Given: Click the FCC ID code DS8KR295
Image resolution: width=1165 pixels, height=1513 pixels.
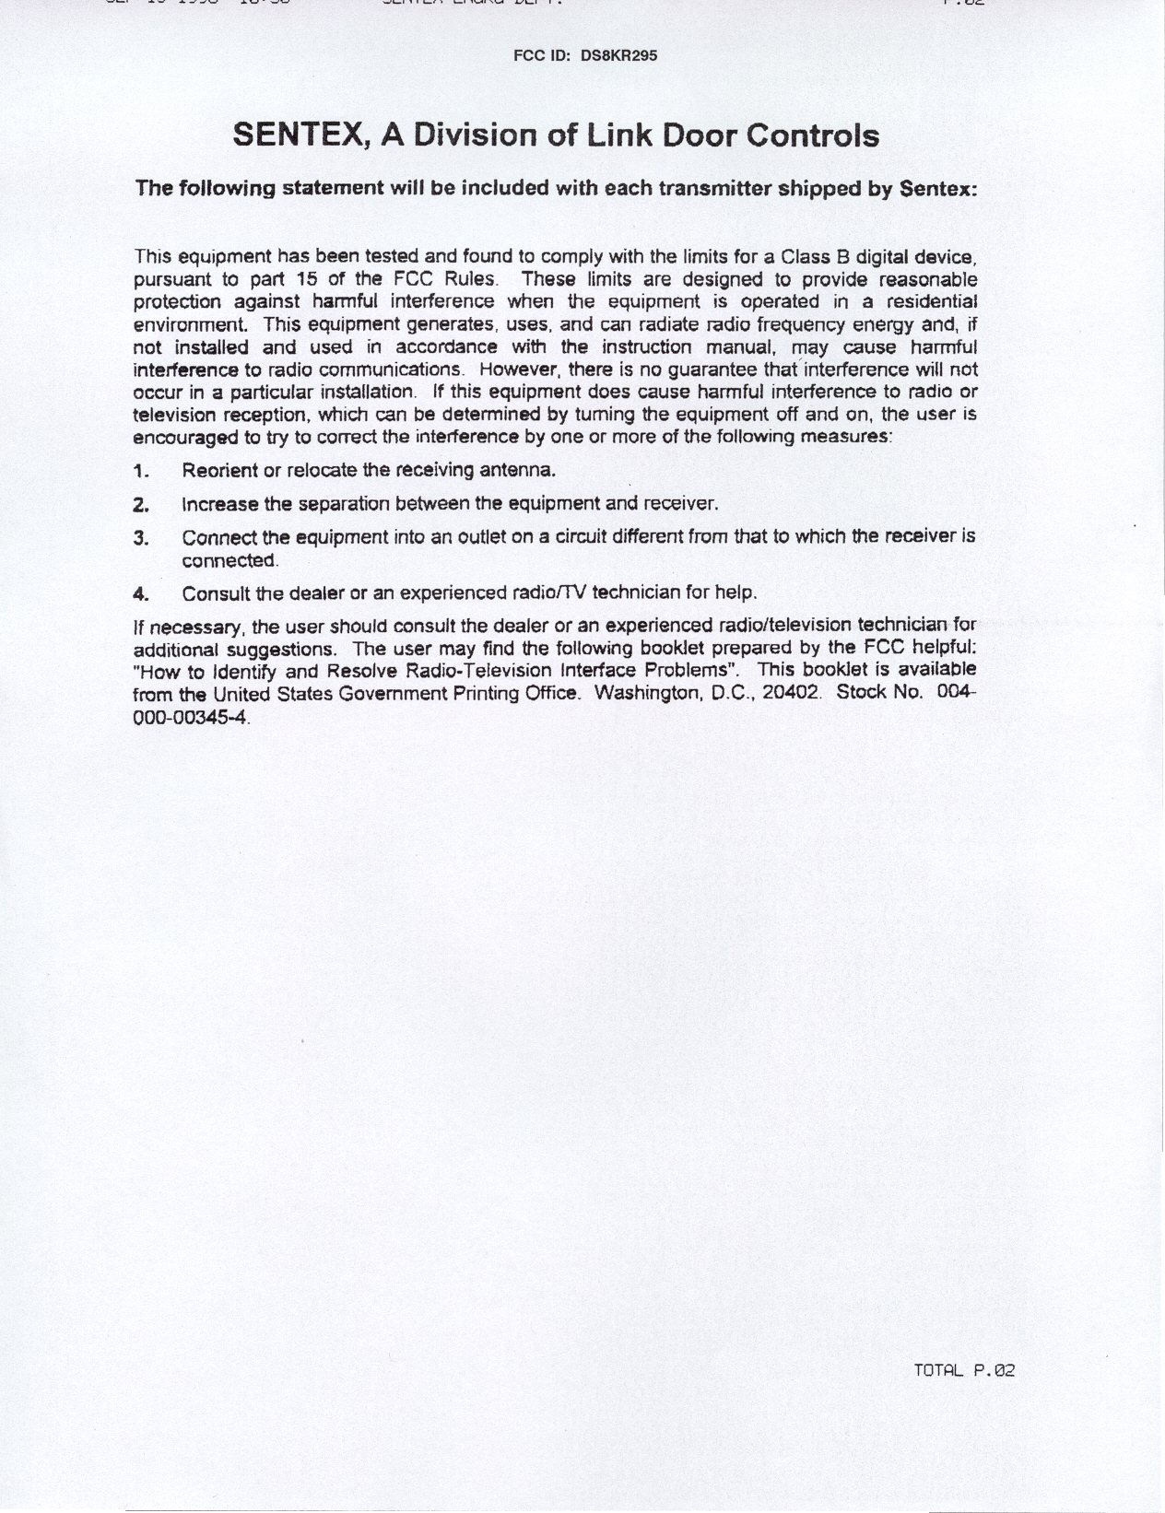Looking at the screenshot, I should pyautogui.click(x=618, y=55).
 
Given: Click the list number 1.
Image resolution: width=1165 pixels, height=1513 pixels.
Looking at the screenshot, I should pyautogui.click(x=141, y=471).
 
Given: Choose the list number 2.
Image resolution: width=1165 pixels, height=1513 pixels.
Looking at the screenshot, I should pyautogui.click(x=141, y=505).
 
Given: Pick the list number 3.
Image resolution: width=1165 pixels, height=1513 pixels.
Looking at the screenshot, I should pyautogui.click(x=141, y=538).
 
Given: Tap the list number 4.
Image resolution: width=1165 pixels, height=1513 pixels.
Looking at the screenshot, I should pyautogui.click(x=141, y=592).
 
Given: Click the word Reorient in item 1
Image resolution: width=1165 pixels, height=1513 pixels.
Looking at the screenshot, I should pyautogui.click(x=220, y=471).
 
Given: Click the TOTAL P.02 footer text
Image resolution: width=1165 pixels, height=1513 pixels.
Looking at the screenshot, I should pyautogui.click(x=963, y=1370).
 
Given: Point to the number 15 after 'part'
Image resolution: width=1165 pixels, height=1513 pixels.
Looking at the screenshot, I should pyautogui.click(x=309, y=278).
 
